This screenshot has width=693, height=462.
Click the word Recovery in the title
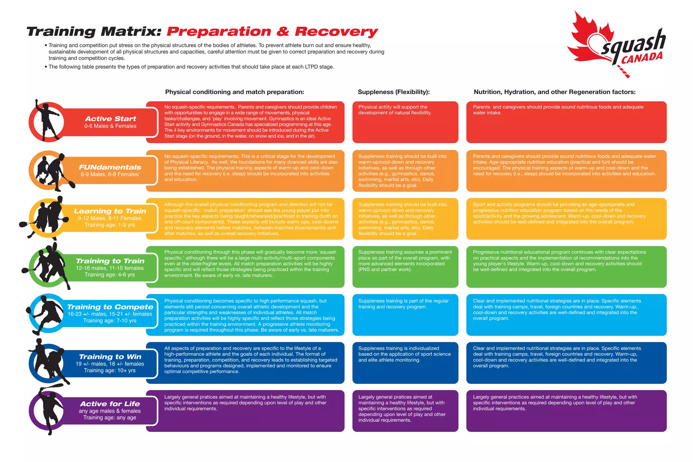point(336,31)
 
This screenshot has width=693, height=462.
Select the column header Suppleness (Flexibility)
point(394,92)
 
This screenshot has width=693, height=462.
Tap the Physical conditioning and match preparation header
point(234,92)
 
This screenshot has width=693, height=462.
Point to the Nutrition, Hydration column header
point(554,92)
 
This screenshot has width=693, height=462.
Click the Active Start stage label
point(110,119)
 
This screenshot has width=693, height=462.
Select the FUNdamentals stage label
point(110,167)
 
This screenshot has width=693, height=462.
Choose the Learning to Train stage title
point(110,211)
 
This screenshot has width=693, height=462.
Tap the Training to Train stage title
point(110,261)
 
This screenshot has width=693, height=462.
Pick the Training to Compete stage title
point(110,307)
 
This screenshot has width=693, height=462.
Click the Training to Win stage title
point(110,357)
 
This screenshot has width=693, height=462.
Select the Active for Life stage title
point(110,404)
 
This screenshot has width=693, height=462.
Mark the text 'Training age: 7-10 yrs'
point(110,321)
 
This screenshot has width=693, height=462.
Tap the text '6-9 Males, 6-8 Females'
point(110,174)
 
